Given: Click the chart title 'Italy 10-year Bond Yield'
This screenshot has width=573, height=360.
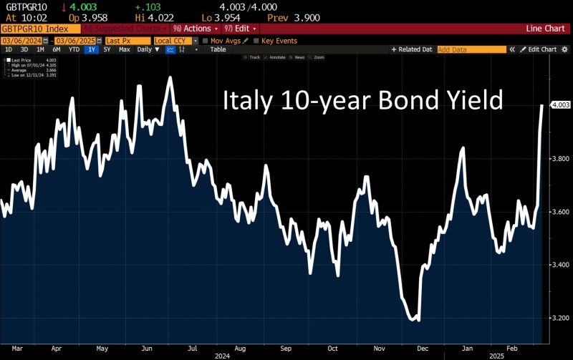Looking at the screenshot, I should [x=362, y=101].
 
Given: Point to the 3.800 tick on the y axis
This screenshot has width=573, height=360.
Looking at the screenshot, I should [x=559, y=159].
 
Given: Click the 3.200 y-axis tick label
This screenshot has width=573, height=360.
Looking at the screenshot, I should [x=559, y=318].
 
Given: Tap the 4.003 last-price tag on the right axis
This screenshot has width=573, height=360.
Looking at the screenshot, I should [x=559, y=106].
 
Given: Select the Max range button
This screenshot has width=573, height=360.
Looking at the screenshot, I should [x=125, y=49].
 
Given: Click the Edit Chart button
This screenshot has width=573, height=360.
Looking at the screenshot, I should [x=538, y=49].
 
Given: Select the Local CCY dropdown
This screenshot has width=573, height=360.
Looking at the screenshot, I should [x=174, y=41].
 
